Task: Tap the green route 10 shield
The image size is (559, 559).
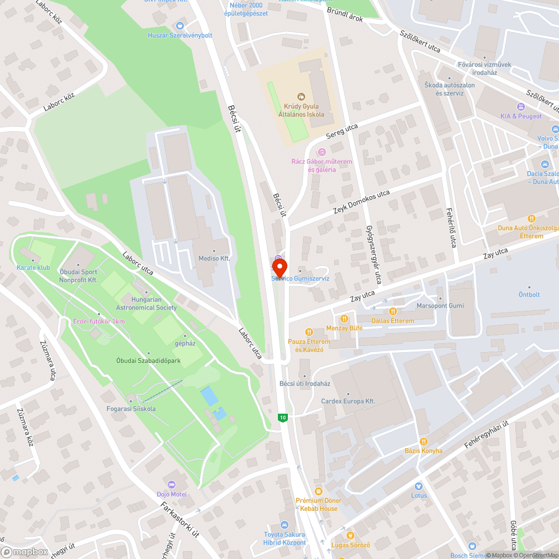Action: pos(284,418)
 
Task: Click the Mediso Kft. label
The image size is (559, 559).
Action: pos(215,258)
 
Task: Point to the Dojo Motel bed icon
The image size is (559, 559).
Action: pos(171,484)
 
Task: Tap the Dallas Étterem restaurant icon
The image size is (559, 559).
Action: pos(393,311)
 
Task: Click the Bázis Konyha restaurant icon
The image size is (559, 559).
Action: pos(424,442)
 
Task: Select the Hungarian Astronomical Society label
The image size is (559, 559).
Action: pos(146,304)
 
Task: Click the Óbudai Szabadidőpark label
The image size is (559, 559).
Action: pos(148,361)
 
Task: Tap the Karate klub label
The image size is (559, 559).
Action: pos(33,268)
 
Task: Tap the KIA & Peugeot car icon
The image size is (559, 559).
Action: pos(521,106)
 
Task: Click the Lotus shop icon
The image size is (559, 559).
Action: pos(419,486)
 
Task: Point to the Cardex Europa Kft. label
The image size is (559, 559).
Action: pos(348,401)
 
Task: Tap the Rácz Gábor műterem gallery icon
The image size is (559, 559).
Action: pos(321,152)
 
